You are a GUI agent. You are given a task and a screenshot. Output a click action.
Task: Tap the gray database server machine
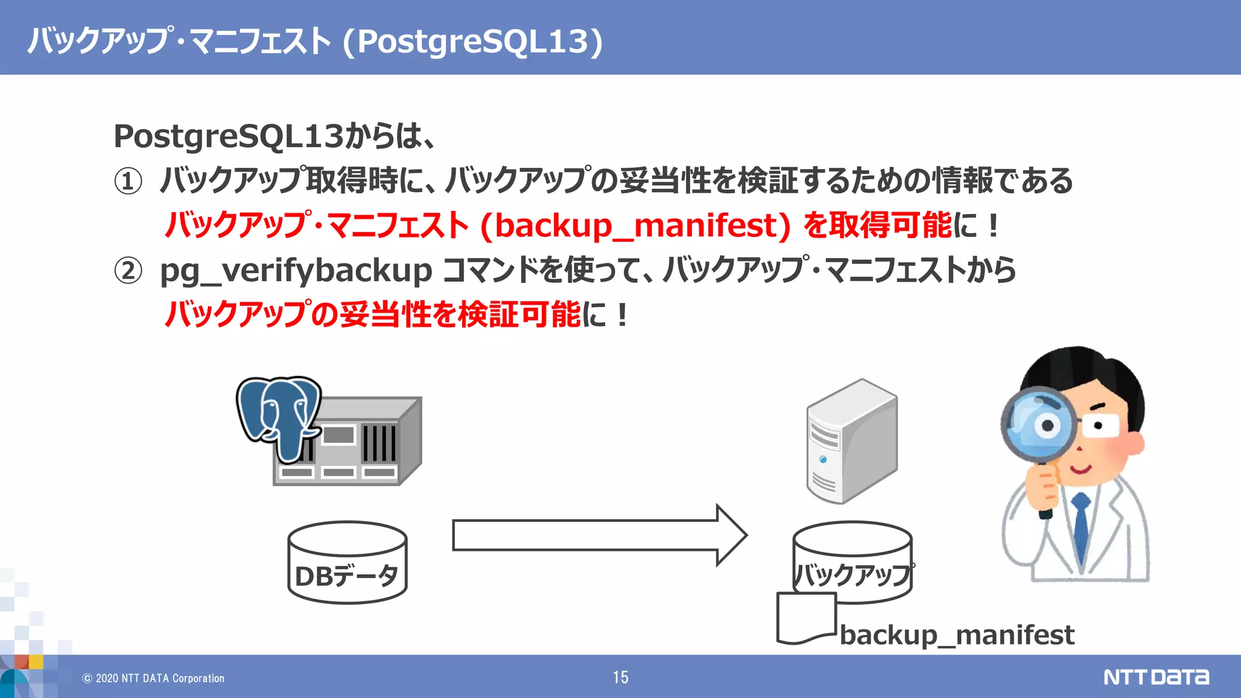(x=364, y=448)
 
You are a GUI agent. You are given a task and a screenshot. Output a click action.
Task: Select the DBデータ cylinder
(x=347, y=562)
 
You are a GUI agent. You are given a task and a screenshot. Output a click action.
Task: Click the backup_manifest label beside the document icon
(x=957, y=635)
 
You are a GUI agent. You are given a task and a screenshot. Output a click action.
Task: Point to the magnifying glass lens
(x=1037, y=424)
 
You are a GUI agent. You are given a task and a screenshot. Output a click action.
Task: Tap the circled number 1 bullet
(x=128, y=181)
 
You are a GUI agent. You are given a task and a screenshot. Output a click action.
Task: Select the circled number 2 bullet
(x=128, y=270)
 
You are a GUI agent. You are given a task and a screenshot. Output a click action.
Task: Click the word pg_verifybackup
(x=296, y=270)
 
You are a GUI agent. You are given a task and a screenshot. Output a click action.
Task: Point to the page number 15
(x=620, y=677)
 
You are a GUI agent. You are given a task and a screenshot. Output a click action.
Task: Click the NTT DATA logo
(x=1156, y=677)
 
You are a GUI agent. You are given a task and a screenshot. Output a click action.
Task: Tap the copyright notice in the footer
(x=153, y=679)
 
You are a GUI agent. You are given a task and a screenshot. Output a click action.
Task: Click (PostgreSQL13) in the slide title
(x=473, y=41)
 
